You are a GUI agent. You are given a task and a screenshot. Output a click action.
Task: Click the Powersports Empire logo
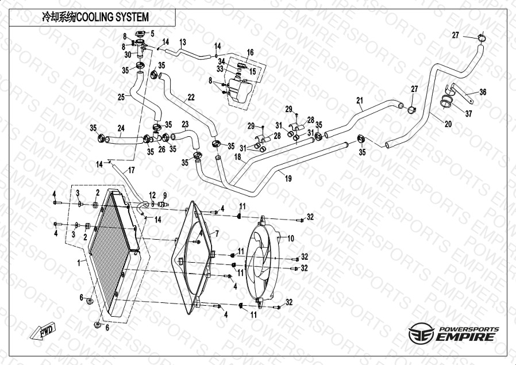click(x=454, y=334)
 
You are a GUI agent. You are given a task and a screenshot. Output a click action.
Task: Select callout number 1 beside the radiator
click(x=79, y=262)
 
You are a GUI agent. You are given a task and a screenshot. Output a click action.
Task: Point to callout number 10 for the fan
click(x=290, y=238)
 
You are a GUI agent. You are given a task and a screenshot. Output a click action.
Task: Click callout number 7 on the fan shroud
click(x=217, y=233)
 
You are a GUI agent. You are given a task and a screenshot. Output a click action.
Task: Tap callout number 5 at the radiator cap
click(x=152, y=33)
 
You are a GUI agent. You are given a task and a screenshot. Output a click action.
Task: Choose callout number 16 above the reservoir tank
click(x=250, y=53)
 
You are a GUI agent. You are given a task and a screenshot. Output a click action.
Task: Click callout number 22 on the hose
click(x=191, y=98)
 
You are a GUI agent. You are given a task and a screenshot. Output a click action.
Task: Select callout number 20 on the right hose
click(x=448, y=123)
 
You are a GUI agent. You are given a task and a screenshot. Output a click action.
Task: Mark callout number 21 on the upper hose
click(x=359, y=101)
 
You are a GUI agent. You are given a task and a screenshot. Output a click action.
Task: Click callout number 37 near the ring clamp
click(x=468, y=114)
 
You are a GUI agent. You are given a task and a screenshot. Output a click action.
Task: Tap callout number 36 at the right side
click(x=483, y=92)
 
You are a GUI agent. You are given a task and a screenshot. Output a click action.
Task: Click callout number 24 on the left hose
click(x=121, y=128)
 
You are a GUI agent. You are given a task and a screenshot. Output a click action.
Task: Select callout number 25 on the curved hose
click(x=121, y=96)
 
